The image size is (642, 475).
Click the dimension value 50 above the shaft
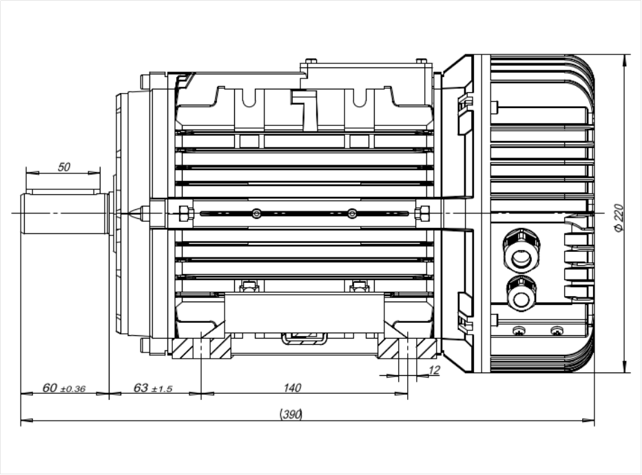[x=64, y=167]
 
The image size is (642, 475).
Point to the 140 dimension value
[x=293, y=388]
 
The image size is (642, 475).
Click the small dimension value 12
[x=434, y=370]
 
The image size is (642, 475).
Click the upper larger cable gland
[x=521, y=252]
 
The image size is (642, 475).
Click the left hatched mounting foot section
[x=201, y=348]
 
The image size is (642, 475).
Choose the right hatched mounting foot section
[x=408, y=348]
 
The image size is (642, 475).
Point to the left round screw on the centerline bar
[x=256, y=213]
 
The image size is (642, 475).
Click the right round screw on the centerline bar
[x=352, y=213]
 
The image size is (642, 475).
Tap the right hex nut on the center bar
[x=423, y=213]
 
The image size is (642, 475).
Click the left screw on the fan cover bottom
[x=519, y=331]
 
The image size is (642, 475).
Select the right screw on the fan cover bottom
[x=556, y=331]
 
